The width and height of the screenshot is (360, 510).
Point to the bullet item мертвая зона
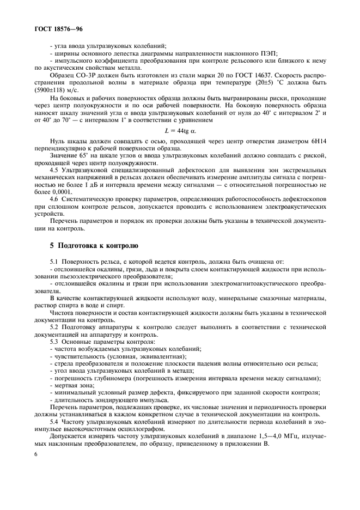coord(73,385)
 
